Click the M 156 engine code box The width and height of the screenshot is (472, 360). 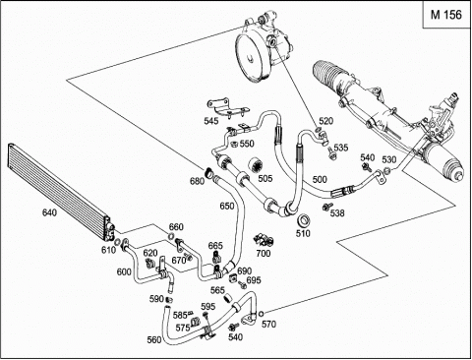[x=446, y=15]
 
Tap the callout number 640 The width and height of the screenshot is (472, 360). [x=49, y=212]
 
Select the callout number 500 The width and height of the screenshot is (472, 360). [x=320, y=179]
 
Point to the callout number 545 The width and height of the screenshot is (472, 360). [x=211, y=121]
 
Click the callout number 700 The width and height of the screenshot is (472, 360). [x=264, y=254]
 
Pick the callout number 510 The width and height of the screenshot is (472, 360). [x=303, y=233]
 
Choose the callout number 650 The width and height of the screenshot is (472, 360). [x=227, y=206]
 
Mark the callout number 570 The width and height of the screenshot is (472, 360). [x=268, y=325]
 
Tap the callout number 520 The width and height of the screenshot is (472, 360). [x=325, y=121]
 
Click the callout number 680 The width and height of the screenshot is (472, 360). [x=198, y=181]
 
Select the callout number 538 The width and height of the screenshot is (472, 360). [x=337, y=213]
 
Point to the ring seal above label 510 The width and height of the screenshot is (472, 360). [x=303, y=221]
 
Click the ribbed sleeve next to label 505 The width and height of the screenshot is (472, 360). [x=256, y=165]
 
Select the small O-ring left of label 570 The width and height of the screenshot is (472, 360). [x=261, y=314]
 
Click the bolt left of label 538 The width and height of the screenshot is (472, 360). [x=325, y=208]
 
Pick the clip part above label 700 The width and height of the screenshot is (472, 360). [x=264, y=240]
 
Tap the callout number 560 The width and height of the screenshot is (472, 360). [x=154, y=340]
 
